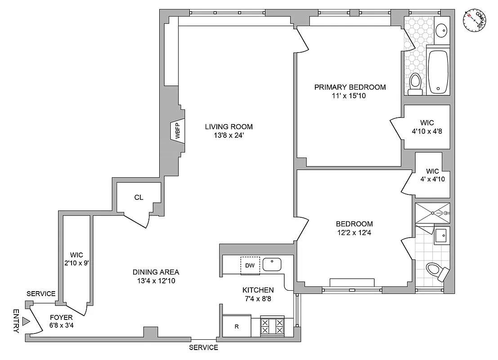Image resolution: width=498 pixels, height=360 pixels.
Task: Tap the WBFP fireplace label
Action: pyautogui.click(x=177, y=131)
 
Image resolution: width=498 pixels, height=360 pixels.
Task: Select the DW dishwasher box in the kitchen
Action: pyautogui.click(x=250, y=265)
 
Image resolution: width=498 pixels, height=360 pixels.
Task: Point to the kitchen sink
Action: pyautogui.click(x=272, y=264)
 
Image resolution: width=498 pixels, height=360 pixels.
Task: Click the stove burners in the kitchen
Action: pyautogui.click(x=273, y=326)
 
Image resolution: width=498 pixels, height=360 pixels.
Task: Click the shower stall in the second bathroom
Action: pyautogui.click(x=432, y=213)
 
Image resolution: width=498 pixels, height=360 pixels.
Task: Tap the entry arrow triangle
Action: pyautogui.click(x=26, y=321)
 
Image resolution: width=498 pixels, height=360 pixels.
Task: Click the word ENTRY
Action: pyautogui.click(x=16, y=321)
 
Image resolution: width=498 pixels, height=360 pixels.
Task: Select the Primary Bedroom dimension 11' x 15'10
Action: pyautogui.click(x=350, y=95)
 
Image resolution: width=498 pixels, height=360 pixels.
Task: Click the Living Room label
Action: pyautogui.click(x=229, y=126)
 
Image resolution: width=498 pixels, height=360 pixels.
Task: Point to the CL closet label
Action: pyautogui.click(x=139, y=197)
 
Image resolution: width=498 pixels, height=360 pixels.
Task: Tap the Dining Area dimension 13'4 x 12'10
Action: pyautogui.click(x=156, y=280)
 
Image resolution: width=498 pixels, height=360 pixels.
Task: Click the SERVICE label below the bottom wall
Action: pyautogui.click(x=203, y=347)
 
